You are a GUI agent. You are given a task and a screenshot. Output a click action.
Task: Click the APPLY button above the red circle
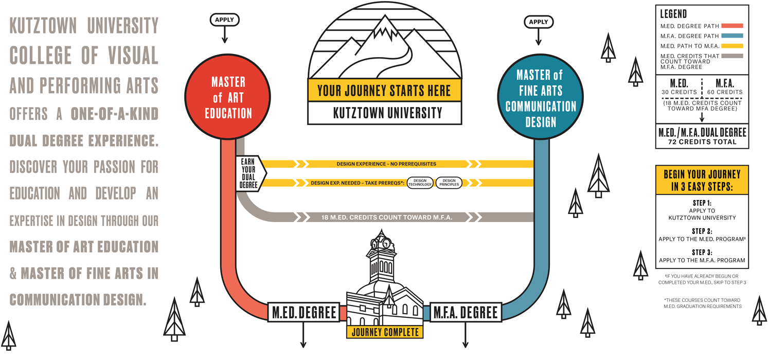(224, 20)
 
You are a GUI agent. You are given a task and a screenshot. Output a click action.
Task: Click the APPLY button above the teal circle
(539, 22)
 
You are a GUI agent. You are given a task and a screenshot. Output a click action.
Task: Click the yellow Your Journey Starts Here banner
(384, 91)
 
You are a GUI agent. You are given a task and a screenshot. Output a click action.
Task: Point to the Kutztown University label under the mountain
(384, 113)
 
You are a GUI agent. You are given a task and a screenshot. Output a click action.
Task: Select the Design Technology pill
(420, 183)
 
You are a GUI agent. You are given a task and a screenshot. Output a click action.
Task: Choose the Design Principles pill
(449, 183)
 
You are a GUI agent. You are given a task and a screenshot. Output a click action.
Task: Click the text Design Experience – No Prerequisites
(386, 164)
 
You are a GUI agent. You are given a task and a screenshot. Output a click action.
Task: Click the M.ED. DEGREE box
(303, 312)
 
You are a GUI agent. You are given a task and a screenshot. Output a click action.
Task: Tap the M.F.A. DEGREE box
(466, 312)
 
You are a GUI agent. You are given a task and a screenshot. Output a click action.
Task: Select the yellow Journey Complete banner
(385, 332)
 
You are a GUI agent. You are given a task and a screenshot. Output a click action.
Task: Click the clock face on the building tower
(386, 243)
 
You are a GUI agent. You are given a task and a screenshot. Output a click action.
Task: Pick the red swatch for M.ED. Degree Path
(732, 26)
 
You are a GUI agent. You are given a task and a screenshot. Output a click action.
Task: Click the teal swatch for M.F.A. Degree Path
(732, 36)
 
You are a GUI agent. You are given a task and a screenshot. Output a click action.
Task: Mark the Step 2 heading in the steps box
(702, 231)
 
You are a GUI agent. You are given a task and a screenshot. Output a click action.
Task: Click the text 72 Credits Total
(702, 141)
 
